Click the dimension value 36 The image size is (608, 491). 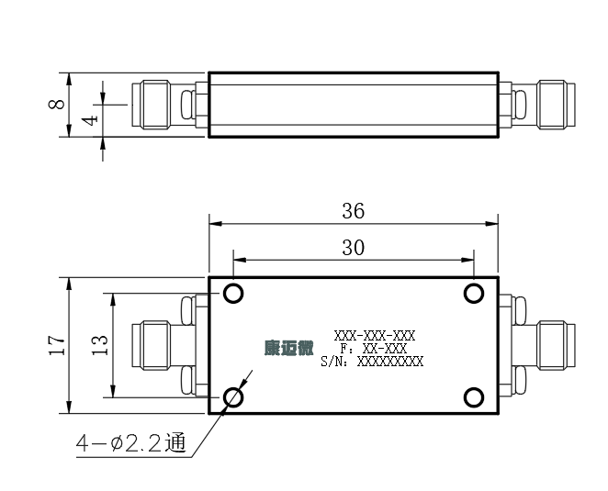(x=354, y=211)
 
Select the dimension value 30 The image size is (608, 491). (x=354, y=248)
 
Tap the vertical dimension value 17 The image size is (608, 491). (x=57, y=345)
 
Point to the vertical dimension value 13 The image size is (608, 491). (x=100, y=345)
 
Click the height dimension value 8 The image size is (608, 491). (x=57, y=104)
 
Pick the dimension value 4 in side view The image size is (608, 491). (x=90, y=120)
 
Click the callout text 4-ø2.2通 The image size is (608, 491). (x=131, y=443)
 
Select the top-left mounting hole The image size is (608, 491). (x=233, y=293)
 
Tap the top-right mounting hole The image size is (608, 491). (x=473, y=293)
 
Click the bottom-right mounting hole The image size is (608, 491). (x=473, y=397)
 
